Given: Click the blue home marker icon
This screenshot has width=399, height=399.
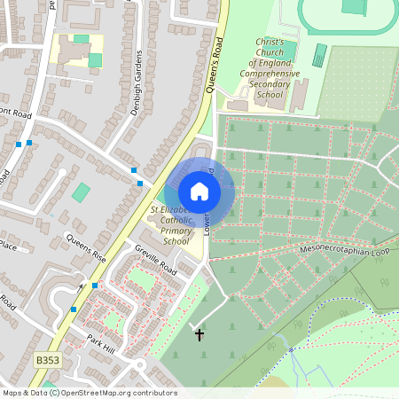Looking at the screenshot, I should coord(199,191).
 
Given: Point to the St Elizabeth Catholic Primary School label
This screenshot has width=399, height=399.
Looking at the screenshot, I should coord(175,225).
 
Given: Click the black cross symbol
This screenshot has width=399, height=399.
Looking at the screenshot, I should coord(199,335).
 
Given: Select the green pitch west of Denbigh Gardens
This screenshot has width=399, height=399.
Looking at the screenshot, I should coord(82,192).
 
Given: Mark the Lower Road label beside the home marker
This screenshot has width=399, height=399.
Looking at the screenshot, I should coord(209,213).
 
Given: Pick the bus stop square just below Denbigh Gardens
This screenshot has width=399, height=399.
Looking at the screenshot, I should coord(135,169).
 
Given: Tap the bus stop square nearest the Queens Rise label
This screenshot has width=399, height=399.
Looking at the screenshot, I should coord(95,286).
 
